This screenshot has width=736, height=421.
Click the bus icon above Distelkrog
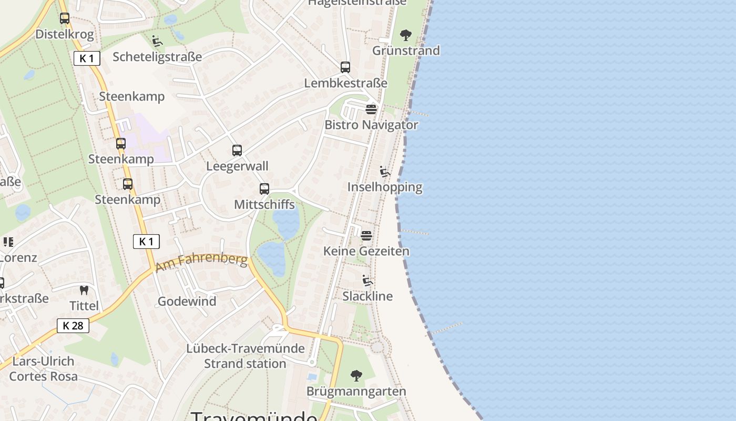tap(65, 18)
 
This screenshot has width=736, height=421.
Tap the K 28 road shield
tap(73, 326)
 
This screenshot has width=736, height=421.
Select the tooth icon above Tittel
tap(83, 290)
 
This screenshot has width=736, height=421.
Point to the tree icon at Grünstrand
tap(405, 35)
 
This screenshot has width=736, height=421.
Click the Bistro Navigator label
tap(371, 125)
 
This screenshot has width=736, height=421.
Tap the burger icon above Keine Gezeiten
tap(366, 235)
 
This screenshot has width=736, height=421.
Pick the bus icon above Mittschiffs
tap(264, 189)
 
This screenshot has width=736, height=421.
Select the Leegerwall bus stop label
tap(237, 166)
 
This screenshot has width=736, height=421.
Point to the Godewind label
tap(187, 302)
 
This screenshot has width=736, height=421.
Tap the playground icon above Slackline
tap(367, 280)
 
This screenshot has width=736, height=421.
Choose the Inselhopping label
tap(385, 187)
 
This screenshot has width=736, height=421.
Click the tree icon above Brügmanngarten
tap(356, 376)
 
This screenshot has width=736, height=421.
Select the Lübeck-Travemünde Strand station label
tap(245, 356)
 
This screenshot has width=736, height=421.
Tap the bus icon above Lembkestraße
tap(345, 67)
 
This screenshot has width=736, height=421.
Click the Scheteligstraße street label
tap(157, 57)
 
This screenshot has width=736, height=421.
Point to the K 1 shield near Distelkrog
tap(87, 58)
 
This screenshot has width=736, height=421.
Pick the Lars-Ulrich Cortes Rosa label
tap(43, 369)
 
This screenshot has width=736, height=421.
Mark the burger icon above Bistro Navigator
tap(371, 109)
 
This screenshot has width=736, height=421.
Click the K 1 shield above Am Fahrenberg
tap(146, 242)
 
